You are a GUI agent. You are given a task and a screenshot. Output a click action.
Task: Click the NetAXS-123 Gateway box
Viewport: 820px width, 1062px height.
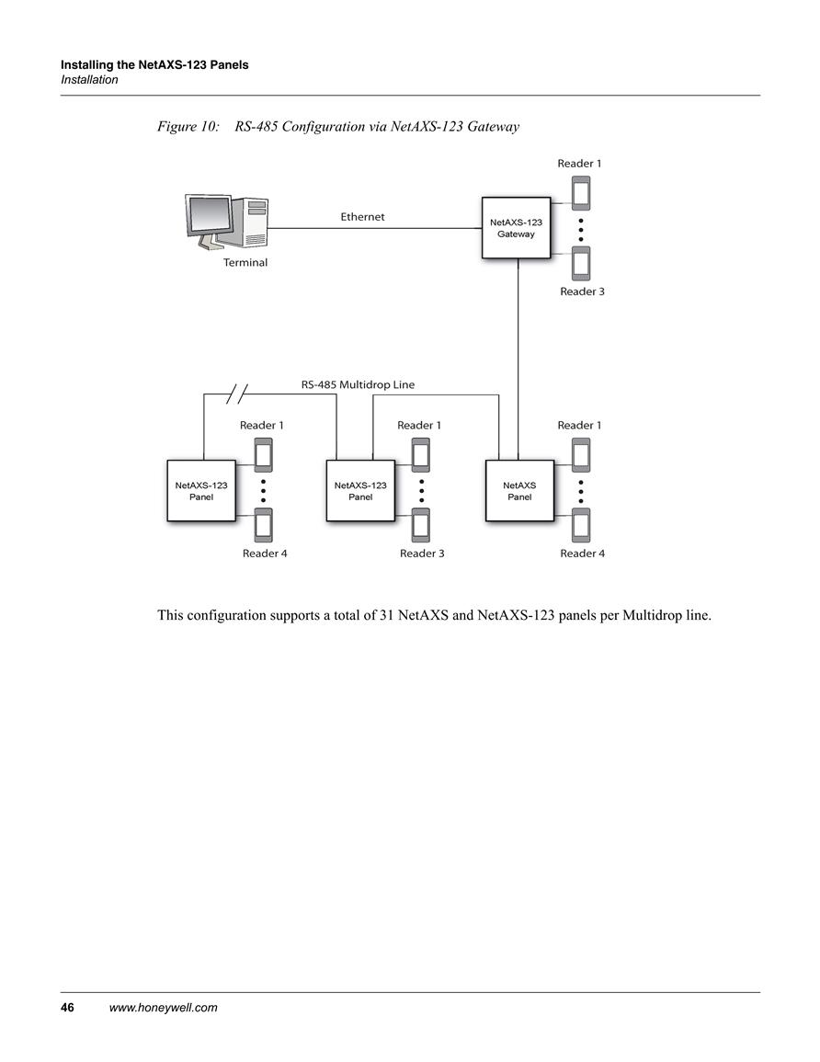tap(516, 228)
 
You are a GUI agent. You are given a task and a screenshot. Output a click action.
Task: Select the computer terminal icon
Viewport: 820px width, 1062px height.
tap(227, 223)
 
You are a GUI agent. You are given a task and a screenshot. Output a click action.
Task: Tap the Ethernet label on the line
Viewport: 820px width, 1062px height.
tap(362, 217)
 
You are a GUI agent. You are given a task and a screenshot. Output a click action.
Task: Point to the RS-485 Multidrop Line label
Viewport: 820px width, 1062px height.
tap(358, 384)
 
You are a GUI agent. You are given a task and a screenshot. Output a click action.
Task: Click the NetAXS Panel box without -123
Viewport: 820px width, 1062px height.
tap(519, 491)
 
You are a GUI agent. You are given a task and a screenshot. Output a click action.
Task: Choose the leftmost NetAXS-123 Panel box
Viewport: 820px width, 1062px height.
tap(201, 491)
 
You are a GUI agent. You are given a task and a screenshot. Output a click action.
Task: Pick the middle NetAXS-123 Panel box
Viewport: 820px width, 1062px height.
tap(360, 491)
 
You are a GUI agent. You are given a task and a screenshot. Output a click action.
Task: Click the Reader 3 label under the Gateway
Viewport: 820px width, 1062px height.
tap(582, 291)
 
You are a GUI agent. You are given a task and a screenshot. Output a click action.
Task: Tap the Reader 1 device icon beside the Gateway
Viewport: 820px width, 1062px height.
tap(581, 194)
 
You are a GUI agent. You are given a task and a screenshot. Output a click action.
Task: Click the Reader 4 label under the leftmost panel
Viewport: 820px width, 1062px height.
tap(265, 554)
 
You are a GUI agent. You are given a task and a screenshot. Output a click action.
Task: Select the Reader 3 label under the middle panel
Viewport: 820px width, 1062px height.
tap(422, 554)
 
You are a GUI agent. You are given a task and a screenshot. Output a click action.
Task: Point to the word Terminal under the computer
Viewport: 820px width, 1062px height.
tap(245, 263)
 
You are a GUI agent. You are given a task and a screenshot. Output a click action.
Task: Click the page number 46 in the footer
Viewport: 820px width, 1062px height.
tap(68, 1007)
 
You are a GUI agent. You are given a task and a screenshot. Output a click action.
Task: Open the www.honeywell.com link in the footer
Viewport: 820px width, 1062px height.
tap(164, 1007)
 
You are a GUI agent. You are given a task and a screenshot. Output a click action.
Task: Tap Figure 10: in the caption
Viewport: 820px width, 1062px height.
tap(188, 127)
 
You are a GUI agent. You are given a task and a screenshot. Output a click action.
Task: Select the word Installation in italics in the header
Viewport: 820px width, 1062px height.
tap(89, 80)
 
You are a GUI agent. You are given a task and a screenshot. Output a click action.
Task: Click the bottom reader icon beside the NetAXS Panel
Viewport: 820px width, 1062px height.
tap(581, 525)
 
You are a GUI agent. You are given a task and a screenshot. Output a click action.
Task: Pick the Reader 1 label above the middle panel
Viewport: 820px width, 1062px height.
tap(419, 426)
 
